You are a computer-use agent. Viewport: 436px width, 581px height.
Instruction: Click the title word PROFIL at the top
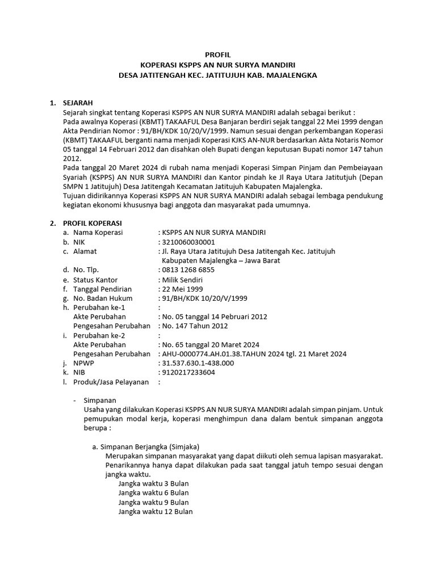[218, 55]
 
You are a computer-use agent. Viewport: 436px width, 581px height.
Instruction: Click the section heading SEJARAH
[78, 103]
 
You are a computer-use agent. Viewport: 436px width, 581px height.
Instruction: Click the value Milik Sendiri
[182, 280]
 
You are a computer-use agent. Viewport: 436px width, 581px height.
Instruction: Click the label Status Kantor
[95, 280]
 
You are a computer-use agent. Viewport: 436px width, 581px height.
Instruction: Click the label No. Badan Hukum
[103, 298]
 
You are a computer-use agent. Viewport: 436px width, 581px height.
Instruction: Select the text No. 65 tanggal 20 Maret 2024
[210, 344]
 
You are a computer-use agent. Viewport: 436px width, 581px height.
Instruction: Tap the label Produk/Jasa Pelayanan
[111, 382]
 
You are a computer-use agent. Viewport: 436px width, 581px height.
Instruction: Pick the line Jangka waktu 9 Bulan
[153, 502]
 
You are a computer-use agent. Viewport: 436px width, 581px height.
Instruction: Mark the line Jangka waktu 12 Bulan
[155, 511]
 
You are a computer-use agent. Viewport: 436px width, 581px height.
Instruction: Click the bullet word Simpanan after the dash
[99, 399]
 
